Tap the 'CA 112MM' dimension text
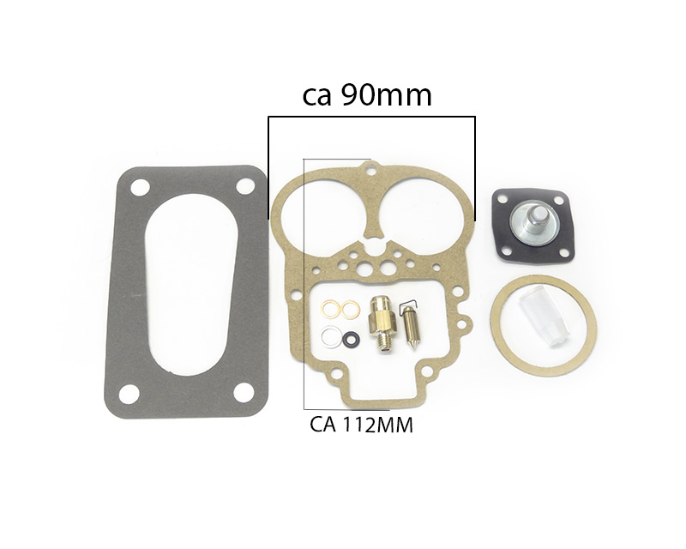[x=361, y=425]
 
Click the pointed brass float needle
[x=410, y=322]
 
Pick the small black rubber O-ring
[x=352, y=340]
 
